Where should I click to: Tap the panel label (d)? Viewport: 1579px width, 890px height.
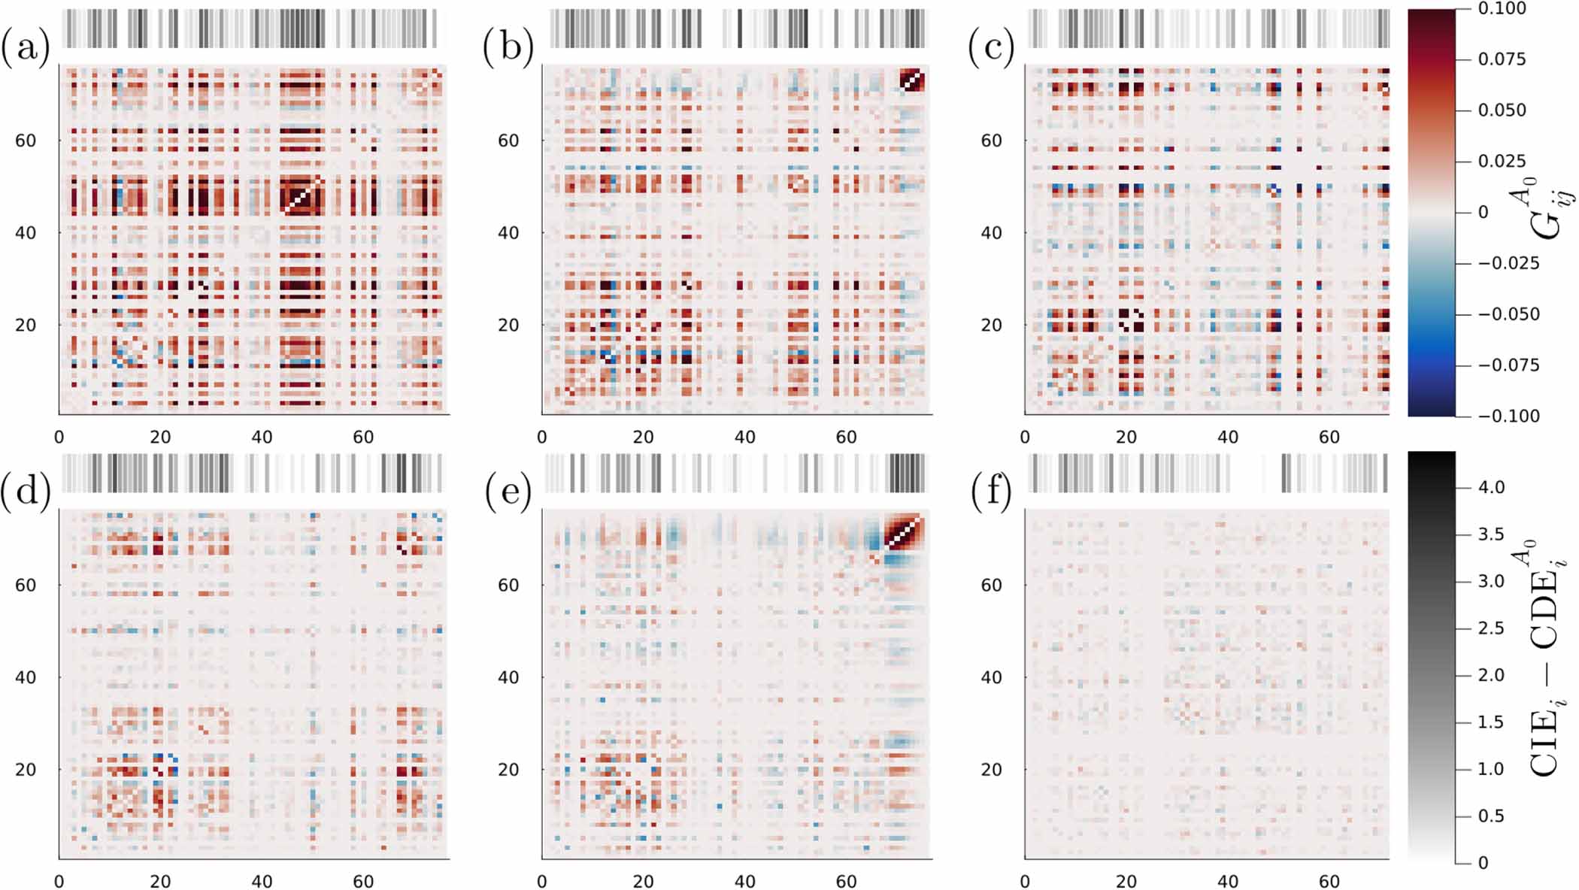point(26,492)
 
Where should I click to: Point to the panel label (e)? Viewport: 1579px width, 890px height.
point(508,492)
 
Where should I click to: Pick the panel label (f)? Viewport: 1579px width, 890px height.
point(991,492)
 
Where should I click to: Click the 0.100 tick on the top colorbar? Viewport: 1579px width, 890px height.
point(1502,9)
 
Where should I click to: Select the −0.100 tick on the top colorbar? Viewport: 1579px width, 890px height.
point(1508,416)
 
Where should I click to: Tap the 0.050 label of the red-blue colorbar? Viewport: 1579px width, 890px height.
point(1502,110)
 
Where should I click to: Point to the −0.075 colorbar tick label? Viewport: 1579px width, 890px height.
point(1508,365)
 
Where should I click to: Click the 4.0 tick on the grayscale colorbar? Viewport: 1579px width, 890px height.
point(1491,488)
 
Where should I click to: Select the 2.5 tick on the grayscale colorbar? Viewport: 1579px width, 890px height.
point(1491,628)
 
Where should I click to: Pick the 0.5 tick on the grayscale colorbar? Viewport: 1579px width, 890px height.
point(1491,816)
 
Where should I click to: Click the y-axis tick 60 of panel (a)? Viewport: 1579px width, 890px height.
point(26,141)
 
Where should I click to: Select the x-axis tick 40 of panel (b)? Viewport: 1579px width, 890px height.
point(744,437)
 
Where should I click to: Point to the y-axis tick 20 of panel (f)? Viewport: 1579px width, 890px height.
point(991,769)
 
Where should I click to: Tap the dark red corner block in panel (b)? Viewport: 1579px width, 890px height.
point(912,80)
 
